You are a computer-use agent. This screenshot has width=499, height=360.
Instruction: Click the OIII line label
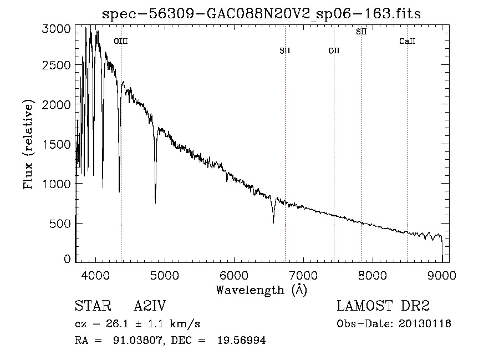tap(121, 41)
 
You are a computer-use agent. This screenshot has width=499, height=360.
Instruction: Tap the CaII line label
tap(408, 41)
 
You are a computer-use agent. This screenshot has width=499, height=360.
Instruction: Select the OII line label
tap(334, 50)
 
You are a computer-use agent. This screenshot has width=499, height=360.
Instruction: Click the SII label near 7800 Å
tap(361, 32)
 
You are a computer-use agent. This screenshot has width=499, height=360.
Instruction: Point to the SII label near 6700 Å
tap(285, 50)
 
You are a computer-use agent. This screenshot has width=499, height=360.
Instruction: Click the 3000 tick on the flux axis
tap(57, 29)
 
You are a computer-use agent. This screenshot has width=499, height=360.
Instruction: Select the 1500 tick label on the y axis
tap(57, 144)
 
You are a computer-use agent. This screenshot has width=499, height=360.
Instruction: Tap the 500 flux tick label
tap(60, 224)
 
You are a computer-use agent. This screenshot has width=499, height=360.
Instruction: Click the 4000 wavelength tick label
tap(95, 275)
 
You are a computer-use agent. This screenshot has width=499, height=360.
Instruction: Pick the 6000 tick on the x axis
tap(234, 275)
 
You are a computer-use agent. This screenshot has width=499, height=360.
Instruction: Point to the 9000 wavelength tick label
tap(442, 275)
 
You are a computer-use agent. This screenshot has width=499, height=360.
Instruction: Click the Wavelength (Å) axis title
tap(262, 290)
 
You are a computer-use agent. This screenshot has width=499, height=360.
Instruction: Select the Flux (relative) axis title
tap(28, 144)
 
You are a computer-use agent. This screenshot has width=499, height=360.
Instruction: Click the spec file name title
tap(261, 14)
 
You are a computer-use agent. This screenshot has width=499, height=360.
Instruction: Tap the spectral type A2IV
tap(150, 306)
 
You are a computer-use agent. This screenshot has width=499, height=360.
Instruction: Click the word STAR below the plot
tap(93, 306)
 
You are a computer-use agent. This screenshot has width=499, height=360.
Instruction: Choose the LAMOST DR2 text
tap(383, 306)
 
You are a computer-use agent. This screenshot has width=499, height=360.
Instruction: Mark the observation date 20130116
tap(425, 324)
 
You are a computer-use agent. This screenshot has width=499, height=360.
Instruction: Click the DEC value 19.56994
tap(242, 340)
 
